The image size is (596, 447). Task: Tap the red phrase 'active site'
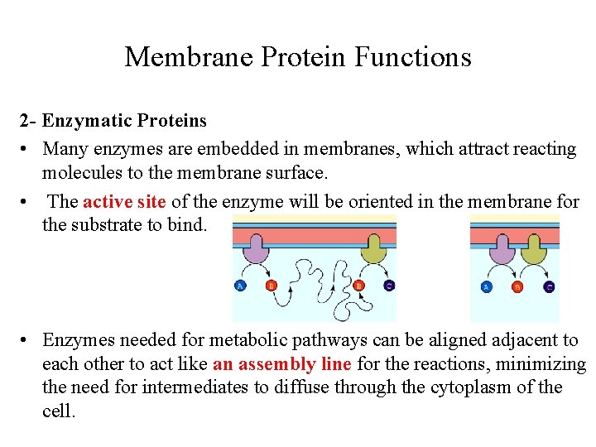125,201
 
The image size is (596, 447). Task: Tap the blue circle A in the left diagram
240,286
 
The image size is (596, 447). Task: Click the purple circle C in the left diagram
389,286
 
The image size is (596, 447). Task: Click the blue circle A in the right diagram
487,287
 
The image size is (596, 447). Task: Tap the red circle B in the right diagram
517,287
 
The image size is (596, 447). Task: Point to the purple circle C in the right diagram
549,287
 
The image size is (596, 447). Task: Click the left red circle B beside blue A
271,286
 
